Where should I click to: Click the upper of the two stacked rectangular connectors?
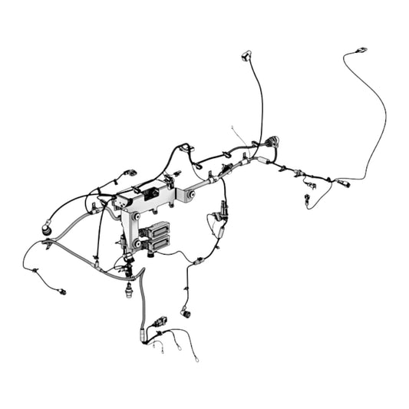159,229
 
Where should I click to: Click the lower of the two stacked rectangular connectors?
160,243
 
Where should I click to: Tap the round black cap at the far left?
46,229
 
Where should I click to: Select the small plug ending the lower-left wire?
62,292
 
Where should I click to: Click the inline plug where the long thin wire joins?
343,183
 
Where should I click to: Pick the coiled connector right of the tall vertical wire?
273,143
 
